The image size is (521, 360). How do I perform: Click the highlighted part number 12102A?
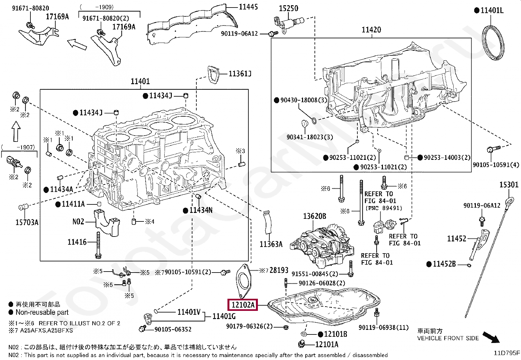[243, 305]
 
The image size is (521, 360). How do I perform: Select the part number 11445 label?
[248, 7]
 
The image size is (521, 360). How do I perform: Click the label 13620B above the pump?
[314, 216]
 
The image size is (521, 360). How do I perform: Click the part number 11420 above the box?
[371, 30]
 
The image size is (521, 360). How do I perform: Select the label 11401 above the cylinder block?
[140, 81]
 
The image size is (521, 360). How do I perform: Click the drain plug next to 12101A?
[302, 344]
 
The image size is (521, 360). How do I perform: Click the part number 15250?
[288, 8]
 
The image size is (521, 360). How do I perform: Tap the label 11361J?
[240, 74]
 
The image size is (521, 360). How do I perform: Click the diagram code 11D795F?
[507, 353]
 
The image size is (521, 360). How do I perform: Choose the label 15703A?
[27, 223]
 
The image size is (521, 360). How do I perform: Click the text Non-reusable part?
[42, 312]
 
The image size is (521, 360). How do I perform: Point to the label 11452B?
[444, 264]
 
